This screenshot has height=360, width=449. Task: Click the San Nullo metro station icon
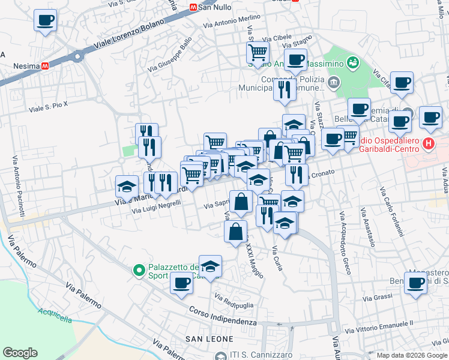[x=193, y=8]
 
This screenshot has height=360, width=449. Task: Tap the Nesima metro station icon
[x=45, y=66]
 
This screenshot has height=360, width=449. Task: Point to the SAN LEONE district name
[x=209, y=339]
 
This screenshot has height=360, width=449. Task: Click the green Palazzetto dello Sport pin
[x=139, y=271]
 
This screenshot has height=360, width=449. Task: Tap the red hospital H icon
[x=428, y=143]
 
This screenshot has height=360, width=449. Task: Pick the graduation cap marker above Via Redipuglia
[x=210, y=267]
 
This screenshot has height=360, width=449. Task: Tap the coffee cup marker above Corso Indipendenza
[x=181, y=283]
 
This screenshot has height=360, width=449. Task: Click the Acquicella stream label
[x=54, y=312]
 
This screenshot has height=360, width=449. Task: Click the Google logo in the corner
[x=20, y=353]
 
